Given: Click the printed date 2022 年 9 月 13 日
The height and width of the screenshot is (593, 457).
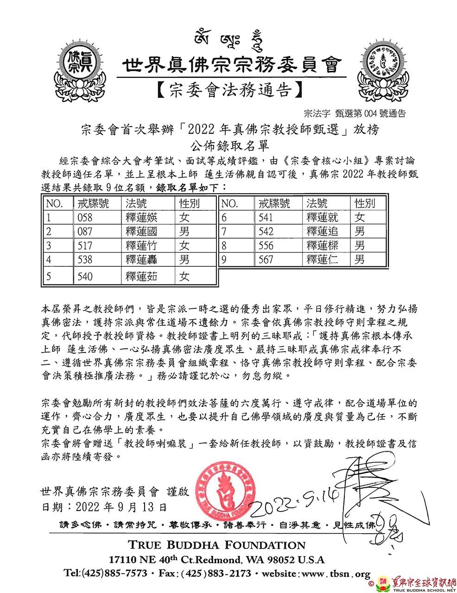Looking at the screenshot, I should pyautogui.click(x=104, y=507).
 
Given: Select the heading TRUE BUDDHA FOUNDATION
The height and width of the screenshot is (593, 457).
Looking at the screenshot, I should pyautogui.click(x=217, y=545).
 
